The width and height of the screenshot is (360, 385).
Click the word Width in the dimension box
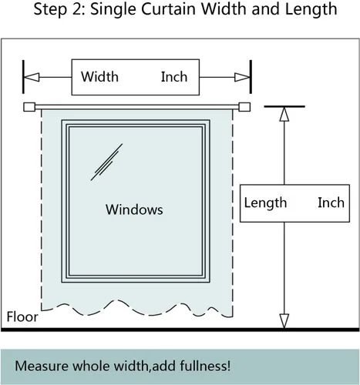click(99, 77)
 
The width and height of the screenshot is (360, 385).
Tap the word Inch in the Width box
click(174, 77)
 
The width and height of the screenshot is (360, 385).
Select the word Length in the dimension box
click(265, 203)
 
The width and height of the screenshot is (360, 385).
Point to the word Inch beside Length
click(331, 203)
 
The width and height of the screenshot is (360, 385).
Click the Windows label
click(134, 209)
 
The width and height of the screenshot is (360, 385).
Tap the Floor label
click(22, 316)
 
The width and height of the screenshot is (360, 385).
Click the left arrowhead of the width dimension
click(32, 77)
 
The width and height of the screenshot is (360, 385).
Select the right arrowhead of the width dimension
click(242, 77)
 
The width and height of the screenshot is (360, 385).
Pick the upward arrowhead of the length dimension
click(284, 114)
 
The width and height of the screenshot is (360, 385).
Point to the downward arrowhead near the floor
click(284, 321)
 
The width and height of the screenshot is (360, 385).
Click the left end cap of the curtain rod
click(29, 107)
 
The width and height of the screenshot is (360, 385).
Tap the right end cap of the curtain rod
click(244, 107)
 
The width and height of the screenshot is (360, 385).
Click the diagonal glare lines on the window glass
click(106, 162)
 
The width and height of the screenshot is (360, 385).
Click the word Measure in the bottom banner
click(42, 366)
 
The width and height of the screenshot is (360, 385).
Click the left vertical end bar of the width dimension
click(23, 77)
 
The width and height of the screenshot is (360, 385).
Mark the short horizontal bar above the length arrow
click(284, 106)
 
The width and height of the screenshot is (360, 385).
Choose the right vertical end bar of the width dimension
click(251, 77)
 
